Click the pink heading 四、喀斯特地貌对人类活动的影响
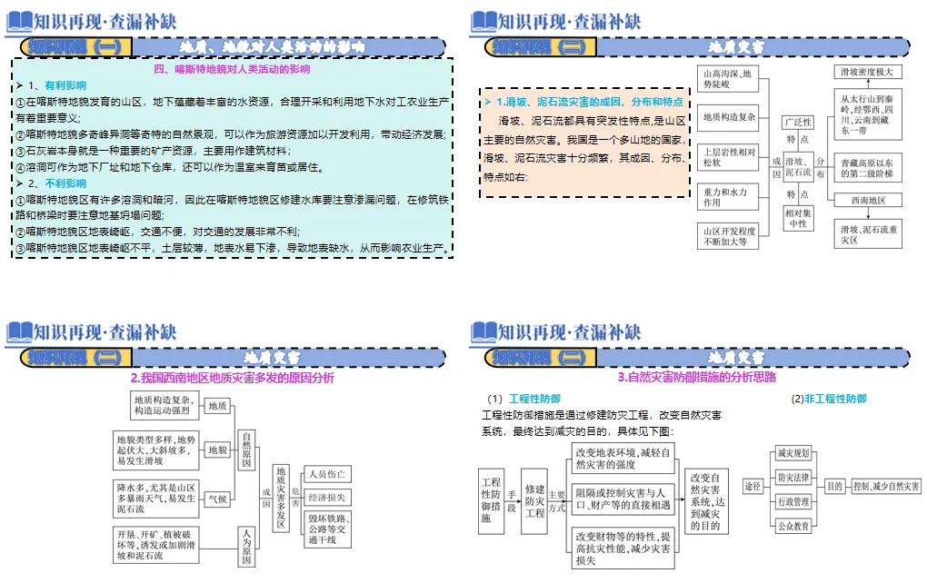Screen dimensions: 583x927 click(x=232, y=68)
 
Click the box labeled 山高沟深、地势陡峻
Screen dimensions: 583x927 click(x=726, y=79)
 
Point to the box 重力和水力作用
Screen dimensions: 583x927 click(x=726, y=197)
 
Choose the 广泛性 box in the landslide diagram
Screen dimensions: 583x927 click(x=798, y=123)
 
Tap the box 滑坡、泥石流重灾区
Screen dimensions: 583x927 click(x=870, y=235)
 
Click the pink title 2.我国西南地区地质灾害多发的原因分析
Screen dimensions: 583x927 click(x=232, y=378)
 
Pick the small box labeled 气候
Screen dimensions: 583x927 click(x=218, y=499)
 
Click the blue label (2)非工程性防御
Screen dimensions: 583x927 click(x=828, y=399)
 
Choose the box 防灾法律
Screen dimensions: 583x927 click(x=793, y=477)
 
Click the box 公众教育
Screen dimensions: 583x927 click(x=793, y=525)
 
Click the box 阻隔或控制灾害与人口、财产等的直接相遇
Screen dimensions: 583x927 click(x=623, y=499)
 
